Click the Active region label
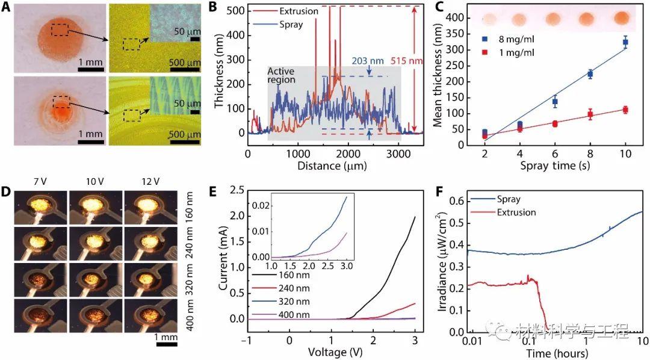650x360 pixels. [286, 75]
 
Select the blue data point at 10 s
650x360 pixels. [625, 42]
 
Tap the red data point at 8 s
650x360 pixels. [590, 114]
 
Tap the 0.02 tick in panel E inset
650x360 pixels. [260, 205]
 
